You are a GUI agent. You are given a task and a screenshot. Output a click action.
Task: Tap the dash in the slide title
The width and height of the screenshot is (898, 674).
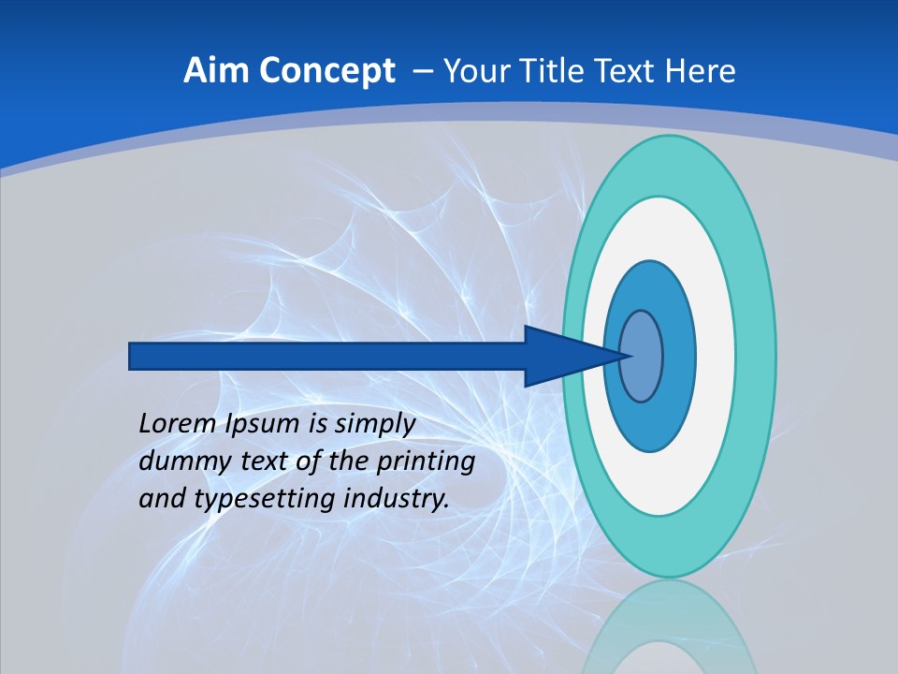(423, 71)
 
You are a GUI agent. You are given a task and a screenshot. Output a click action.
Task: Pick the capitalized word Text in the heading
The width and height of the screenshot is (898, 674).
(629, 71)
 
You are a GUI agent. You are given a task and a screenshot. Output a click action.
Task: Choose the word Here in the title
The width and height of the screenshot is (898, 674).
(701, 71)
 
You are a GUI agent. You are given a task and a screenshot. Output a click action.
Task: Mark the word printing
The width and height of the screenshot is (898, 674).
(426, 462)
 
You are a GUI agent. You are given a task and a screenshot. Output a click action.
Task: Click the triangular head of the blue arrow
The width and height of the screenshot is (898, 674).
(561, 356)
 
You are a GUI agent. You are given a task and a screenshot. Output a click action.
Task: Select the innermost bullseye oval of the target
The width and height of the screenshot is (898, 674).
(641, 356)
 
